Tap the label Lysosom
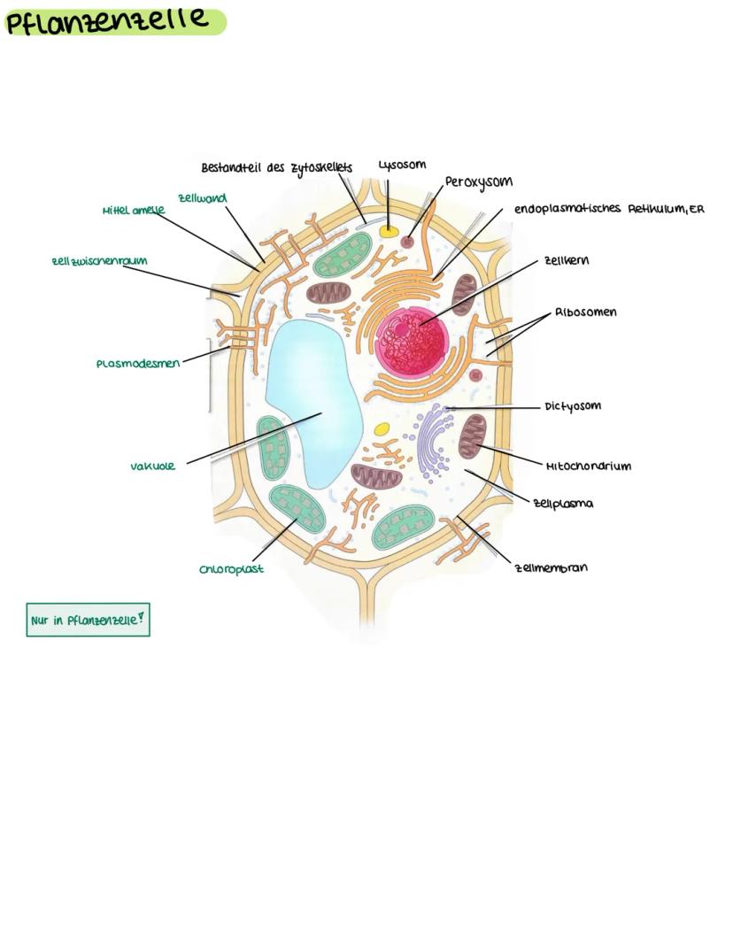click(x=402, y=165)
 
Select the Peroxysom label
click(x=478, y=182)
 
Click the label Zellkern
click(x=567, y=261)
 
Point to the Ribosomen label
click(x=586, y=312)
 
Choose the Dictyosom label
click(x=573, y=406)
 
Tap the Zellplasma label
click(x=563, y=503)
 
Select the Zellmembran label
click(x=551, y=567)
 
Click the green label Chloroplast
click(x=231, y=569)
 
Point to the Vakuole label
click(x=153, y=466)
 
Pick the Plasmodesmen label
click(x=138, y=363)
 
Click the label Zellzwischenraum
click(x=99, y=261)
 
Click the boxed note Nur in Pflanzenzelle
click(x=87, y=620)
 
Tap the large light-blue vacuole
click(x=312, y=398)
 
